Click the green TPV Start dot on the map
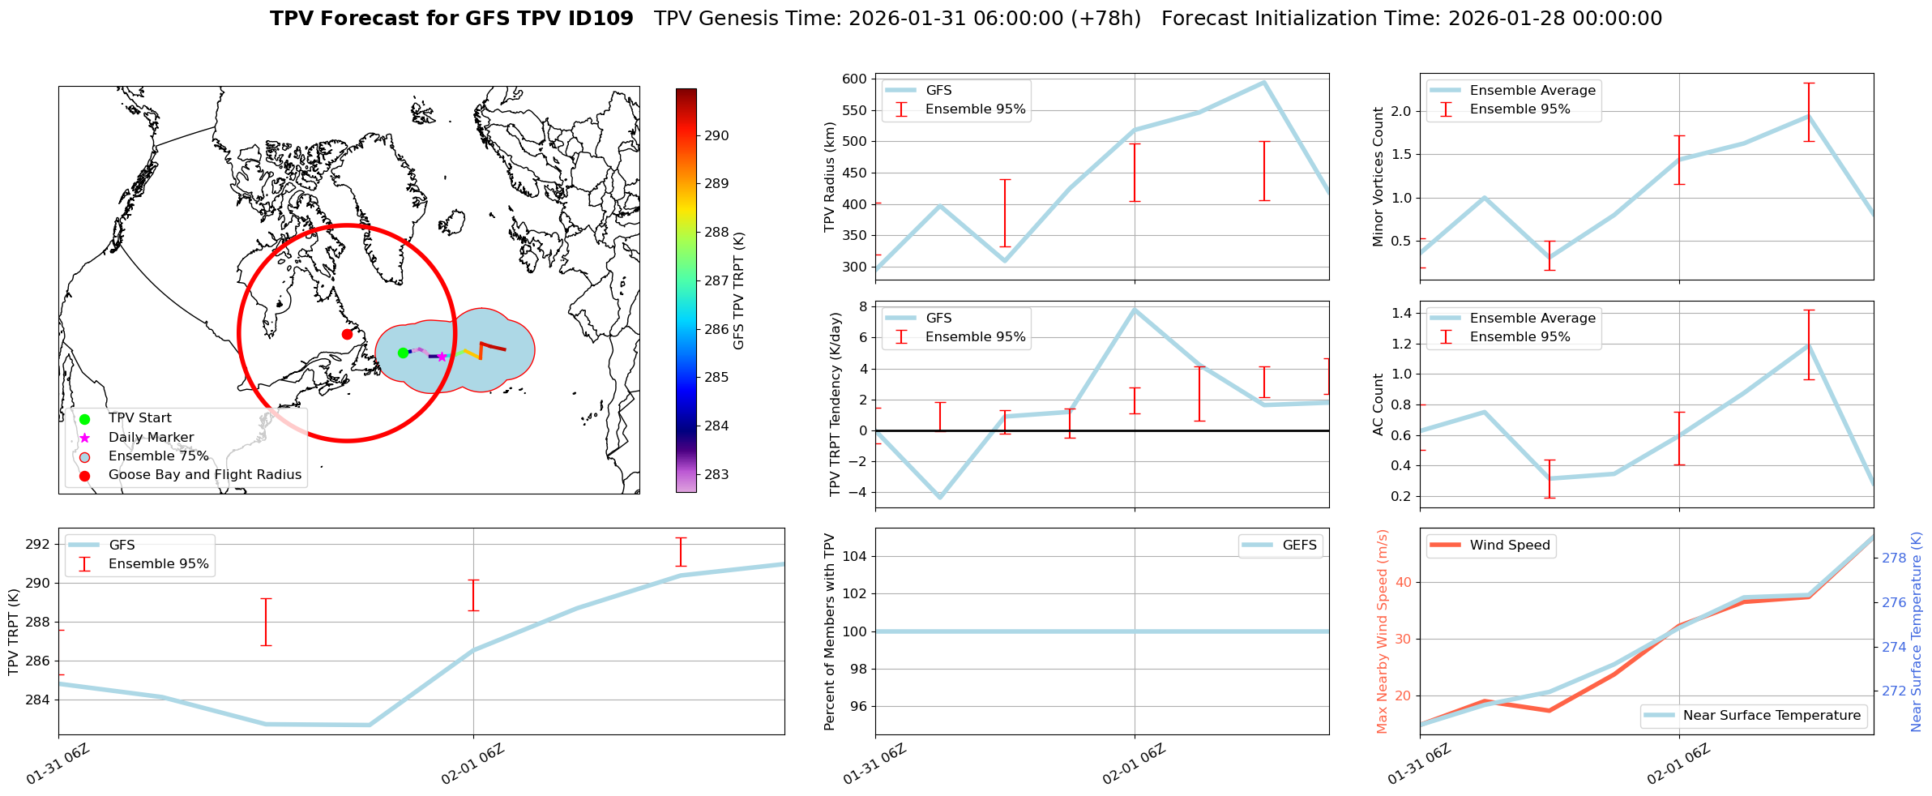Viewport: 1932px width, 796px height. [403, 353]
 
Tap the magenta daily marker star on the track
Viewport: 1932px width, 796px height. [442, 357]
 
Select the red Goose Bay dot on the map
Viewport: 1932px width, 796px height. [347, 334]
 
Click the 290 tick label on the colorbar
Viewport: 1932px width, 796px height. [716, 135]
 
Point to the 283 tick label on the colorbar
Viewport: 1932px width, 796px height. [716, 474]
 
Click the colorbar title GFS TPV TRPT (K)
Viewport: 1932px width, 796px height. [738, 291]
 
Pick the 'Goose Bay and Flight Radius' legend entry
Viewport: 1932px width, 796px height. [204, 475]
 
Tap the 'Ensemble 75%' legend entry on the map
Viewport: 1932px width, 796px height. [158, 456]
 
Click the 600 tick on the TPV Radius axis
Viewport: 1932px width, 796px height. [854, 79]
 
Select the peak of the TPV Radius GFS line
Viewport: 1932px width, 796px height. [1263, 82]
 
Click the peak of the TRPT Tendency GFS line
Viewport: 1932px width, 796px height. [1134, 310]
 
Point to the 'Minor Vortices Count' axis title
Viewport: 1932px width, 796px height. [1378, 177]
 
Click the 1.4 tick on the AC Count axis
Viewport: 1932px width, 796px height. [1401, 313]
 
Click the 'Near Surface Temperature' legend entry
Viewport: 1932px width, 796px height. [1772, 716]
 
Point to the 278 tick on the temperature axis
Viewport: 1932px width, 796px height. [1894, 558]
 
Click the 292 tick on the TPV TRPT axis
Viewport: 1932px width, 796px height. [37, 544]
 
